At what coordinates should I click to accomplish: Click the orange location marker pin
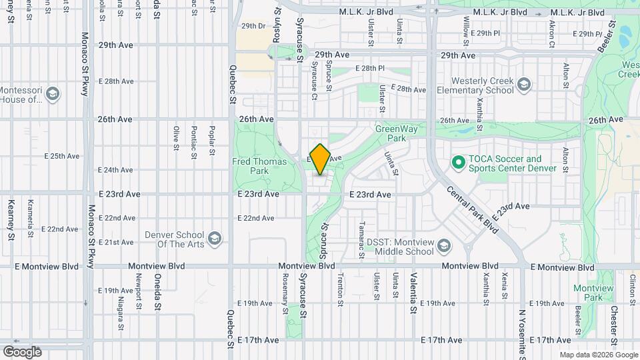point(320,159)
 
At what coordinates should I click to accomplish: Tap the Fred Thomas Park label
point(259,166)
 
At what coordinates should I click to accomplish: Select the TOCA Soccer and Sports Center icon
point(458,162)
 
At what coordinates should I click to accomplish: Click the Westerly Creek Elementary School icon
point(525,84)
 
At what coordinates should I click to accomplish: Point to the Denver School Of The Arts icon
point(215,238)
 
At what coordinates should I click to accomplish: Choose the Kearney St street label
point(11,219)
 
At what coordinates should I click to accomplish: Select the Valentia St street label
point(413,293)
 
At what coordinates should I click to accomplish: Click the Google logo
point(22,352)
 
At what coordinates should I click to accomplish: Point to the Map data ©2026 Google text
point(597,355)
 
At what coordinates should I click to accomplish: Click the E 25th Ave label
point(61,156)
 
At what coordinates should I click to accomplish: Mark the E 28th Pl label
point(370,68)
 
